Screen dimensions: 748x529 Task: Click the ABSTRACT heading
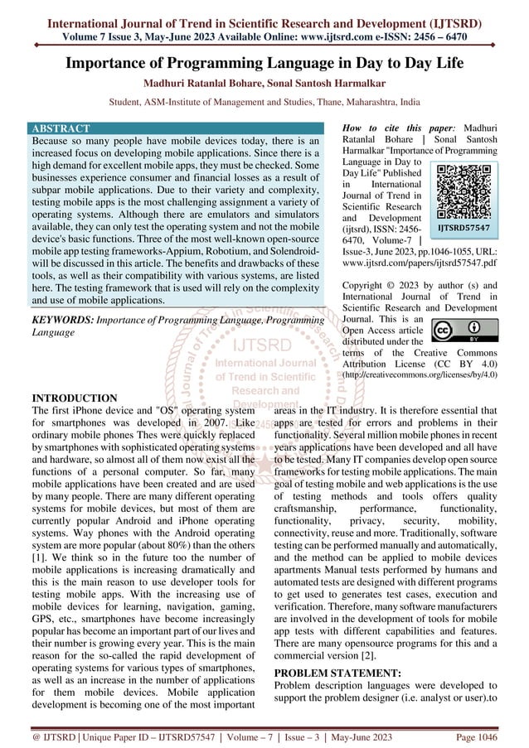click(x=60, y=129)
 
